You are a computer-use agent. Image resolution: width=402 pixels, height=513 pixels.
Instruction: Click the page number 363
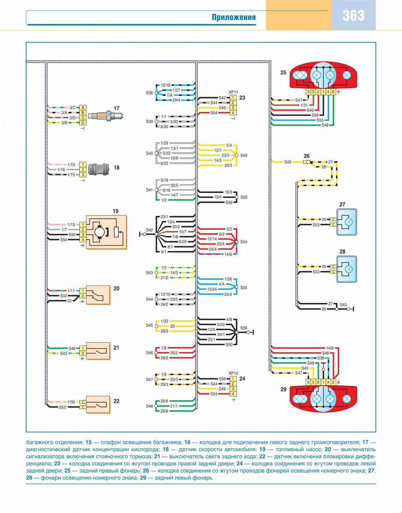click(x=353, y=16)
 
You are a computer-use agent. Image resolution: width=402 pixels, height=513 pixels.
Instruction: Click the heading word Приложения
click(x=233, y=17)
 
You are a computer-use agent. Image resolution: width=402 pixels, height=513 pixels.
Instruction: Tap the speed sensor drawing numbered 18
click(x=98, y=169)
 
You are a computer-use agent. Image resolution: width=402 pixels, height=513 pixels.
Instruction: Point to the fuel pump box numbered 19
click(x=106, y=232)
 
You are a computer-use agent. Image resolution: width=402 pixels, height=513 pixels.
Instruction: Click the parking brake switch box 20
click(x=98, y=295)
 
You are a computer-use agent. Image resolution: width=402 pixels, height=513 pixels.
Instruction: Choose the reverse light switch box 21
click(x=98, y=351)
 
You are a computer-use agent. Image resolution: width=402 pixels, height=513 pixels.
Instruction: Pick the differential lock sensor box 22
click(x=98, y=405)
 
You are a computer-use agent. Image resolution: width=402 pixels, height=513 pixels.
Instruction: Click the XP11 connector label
click(x=233, y=92)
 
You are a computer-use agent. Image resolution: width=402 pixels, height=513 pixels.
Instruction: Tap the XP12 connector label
click(x=233, y=373)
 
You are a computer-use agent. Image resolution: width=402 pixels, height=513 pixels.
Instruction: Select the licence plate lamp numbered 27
click(x=347, y=222)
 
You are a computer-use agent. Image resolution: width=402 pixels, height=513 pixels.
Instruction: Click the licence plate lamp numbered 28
click(x=347, y=269)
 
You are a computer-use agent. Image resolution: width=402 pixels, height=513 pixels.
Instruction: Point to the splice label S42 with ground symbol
click(x=149, y=230)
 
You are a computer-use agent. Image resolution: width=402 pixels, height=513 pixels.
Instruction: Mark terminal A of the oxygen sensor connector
click(x=83, y=107)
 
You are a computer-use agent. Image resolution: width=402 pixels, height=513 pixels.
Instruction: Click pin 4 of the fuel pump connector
click(x=83, y=240)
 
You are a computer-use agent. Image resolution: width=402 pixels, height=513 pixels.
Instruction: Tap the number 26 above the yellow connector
click(x=307, y=156)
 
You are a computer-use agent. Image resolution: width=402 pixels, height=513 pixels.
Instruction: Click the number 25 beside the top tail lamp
click(x=283, y=73)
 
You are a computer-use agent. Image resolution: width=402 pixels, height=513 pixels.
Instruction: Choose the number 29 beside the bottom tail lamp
click(x=283, y=389)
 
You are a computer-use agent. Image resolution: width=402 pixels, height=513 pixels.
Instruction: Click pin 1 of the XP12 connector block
click(x=233, y=379)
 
